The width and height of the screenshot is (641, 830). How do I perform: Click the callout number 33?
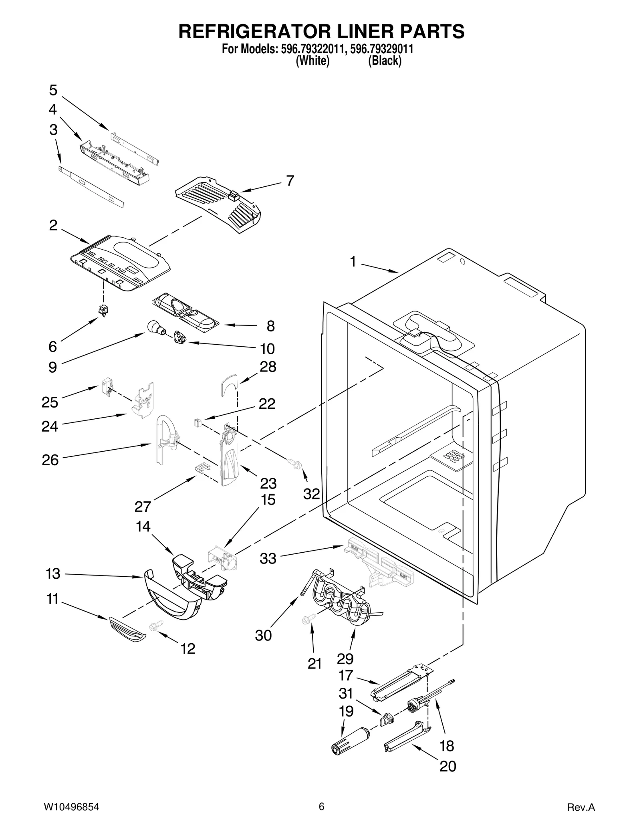click(268, 558)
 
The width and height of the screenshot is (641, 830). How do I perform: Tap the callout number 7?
click(290, 181)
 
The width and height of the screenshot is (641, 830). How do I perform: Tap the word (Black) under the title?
click(384, 61)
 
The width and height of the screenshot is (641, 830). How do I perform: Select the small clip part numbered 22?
click(197, 422)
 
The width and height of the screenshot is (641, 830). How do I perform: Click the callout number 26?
click(50, 460)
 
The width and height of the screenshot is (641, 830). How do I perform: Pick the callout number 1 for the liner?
click(353, 261)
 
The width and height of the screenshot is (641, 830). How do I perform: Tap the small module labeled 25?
click(107, 387)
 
